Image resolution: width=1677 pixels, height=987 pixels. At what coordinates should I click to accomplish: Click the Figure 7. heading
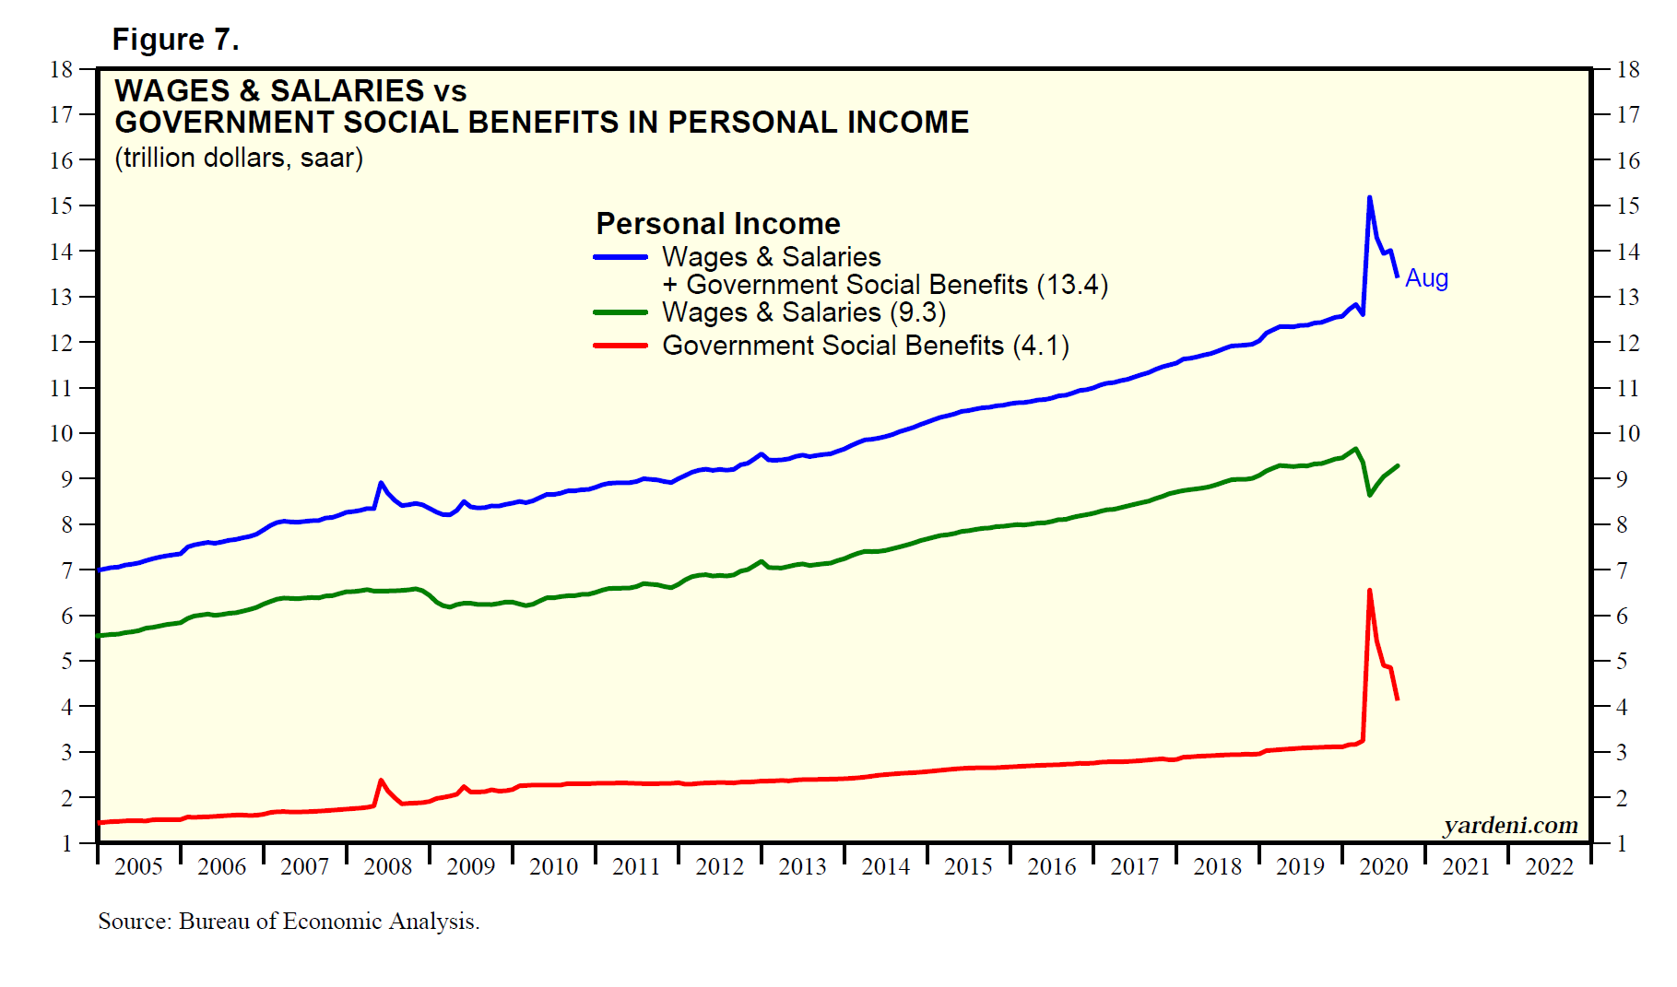175,40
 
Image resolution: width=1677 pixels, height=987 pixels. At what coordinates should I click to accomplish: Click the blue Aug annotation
1426,278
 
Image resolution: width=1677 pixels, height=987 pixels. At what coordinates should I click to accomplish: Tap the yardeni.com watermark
1510,825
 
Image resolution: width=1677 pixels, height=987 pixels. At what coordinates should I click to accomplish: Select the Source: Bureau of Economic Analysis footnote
289,922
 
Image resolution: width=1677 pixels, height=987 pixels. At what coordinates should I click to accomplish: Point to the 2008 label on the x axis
387,866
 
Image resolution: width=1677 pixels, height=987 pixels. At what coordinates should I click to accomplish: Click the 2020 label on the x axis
1384,866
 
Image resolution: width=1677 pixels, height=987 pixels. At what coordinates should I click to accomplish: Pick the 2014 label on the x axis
885,866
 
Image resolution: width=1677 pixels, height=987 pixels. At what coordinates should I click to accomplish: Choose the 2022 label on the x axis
1550,866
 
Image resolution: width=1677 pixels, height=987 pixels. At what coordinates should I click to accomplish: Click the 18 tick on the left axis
61,69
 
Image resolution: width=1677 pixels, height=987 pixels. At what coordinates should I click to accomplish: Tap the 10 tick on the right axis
1628,433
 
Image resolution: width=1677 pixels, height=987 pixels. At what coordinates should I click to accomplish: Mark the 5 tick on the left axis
66,661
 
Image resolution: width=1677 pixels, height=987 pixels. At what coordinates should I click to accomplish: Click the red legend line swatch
620,346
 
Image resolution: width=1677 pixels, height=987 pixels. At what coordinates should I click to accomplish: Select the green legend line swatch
620,312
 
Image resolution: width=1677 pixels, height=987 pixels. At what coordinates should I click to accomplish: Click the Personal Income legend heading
718,224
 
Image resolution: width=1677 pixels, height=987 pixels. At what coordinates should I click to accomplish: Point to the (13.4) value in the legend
1072,285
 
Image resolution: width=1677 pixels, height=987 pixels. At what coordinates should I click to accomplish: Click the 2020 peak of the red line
1369,591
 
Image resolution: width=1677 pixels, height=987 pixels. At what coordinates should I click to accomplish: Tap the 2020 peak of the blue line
1369,197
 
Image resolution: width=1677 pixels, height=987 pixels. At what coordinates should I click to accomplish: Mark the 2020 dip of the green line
1370,495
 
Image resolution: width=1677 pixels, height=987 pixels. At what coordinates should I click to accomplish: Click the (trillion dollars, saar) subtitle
239,158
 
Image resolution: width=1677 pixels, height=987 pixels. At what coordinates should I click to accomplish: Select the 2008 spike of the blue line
381,482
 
